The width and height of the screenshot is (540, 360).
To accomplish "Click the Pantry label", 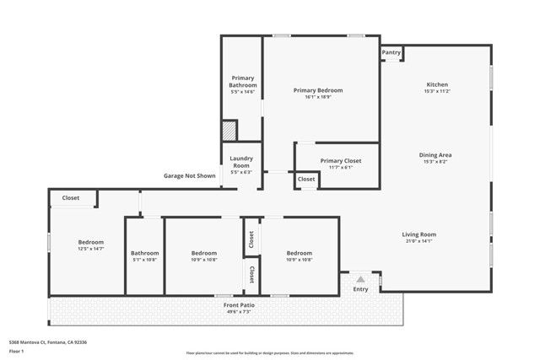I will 391,52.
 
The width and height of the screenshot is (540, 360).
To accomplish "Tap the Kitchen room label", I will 436,85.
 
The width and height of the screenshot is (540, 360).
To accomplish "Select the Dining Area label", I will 436,155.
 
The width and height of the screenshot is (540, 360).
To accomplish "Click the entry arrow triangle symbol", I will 360,279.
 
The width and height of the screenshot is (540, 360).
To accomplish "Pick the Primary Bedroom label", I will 318,90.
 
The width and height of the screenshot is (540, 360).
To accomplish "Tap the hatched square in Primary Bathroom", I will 229,131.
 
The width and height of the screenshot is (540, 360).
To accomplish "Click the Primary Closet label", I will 336,161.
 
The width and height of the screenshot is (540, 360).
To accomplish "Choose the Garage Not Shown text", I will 189,176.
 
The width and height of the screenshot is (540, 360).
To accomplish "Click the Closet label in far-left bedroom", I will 71,199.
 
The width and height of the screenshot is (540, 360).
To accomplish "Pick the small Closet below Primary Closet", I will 305,180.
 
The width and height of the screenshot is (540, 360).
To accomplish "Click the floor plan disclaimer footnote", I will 269,353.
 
